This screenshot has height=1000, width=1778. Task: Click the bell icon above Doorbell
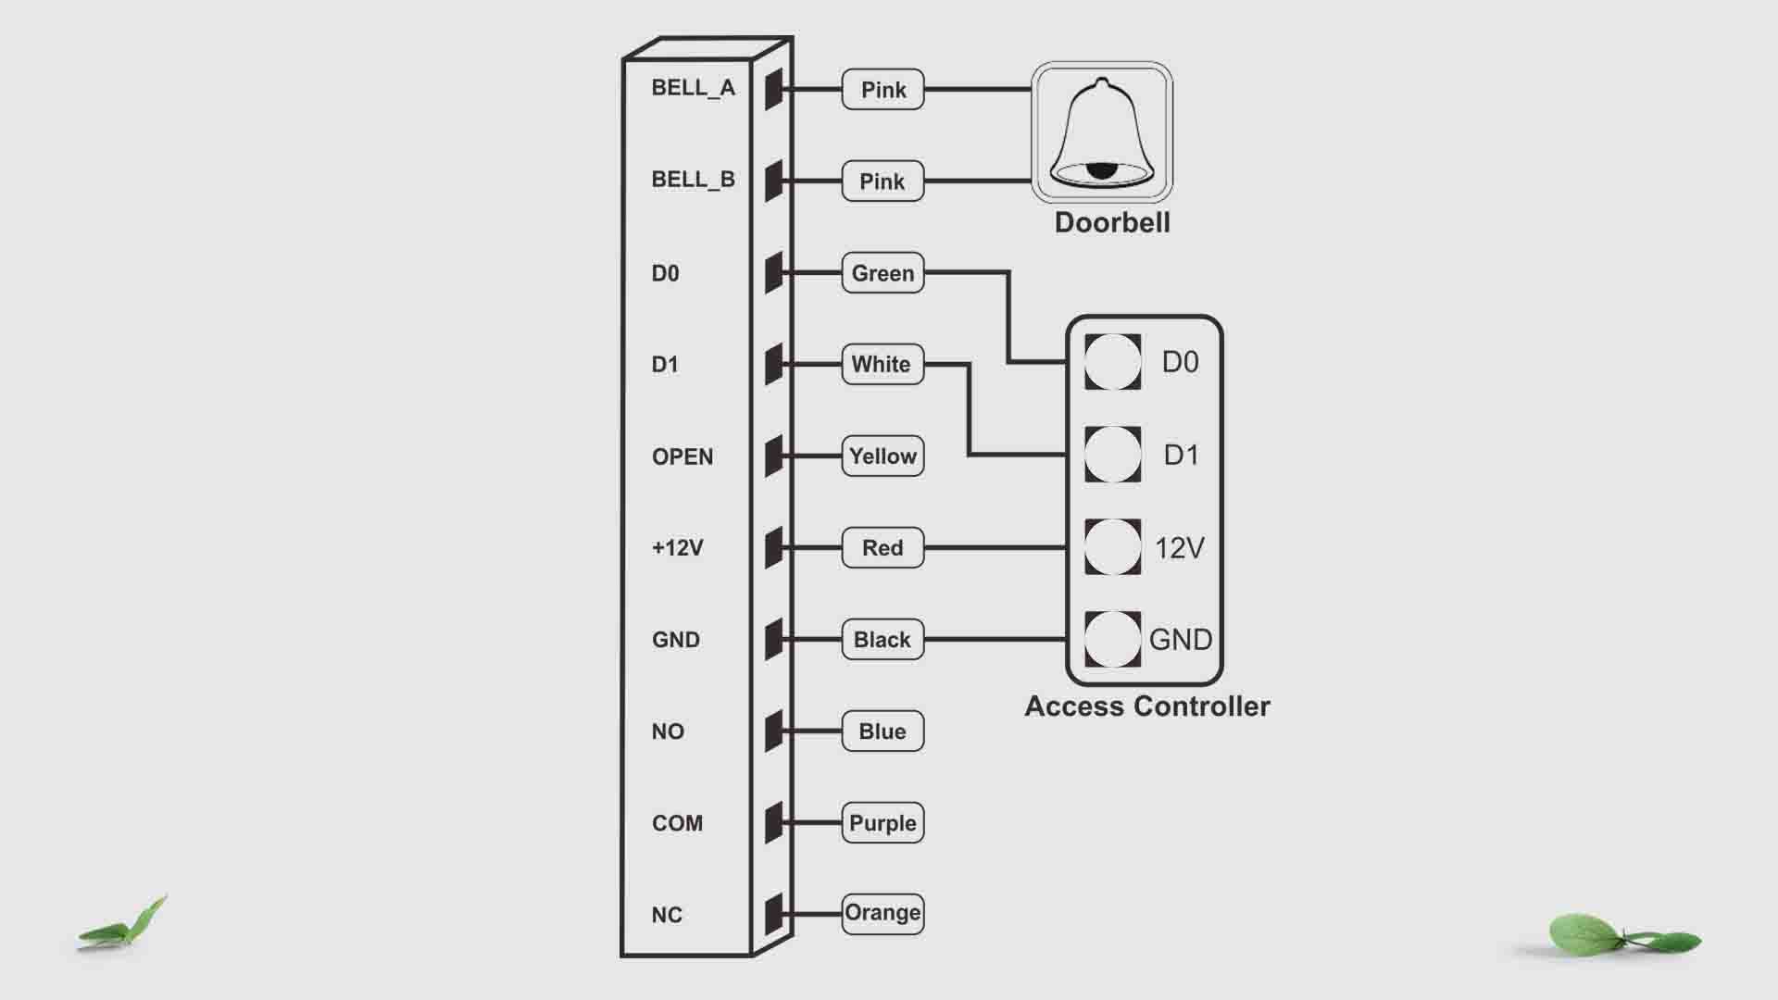point(1102,132)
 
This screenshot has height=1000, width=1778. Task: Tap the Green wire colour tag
point(883,273)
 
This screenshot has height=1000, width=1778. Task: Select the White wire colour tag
point(882,364)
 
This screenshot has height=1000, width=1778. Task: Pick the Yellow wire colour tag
point(883,456)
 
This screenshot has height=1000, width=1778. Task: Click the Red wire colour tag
point(883,547)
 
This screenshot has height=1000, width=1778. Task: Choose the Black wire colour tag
point(883,639)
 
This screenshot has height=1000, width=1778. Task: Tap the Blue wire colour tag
point(883,731)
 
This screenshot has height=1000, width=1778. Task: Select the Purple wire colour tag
point(883,822)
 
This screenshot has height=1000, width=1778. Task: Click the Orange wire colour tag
point(883,913)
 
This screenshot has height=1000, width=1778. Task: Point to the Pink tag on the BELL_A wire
point(883,90)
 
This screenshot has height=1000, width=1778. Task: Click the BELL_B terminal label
point(693,180)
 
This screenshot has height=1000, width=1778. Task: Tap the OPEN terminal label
point(682,456)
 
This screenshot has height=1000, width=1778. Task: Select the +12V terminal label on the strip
point(678,548)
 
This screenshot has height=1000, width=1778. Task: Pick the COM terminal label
point(678,823)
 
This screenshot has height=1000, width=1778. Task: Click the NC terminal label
point(667,915)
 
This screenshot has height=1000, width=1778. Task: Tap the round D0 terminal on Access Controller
point(1112,362)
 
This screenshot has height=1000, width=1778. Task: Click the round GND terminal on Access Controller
point(1112,639)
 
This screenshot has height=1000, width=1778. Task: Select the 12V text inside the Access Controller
point(1179,548)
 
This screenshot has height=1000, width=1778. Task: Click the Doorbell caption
point(1112,223)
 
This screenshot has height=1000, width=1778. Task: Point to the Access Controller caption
point(1147,706)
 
